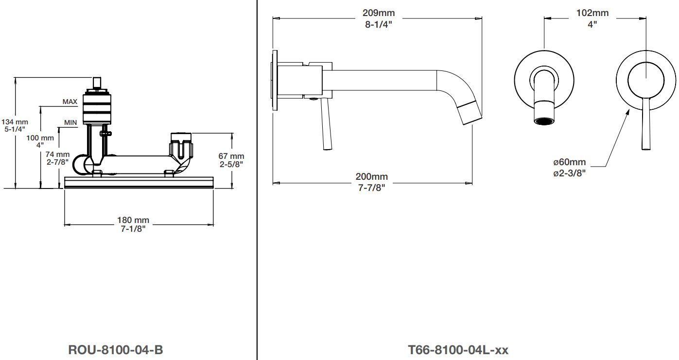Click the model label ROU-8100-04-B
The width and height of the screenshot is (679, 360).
coord(116,350)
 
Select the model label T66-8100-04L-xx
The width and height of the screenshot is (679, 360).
coord(458,350)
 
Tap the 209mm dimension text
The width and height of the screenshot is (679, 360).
coord(379,13)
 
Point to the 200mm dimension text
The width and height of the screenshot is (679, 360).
coord(372,176)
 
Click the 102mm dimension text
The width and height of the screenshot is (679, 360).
coord(592,13)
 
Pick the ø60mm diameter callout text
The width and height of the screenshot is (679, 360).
coord(570,162)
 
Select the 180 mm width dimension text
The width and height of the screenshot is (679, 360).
coord(133,220)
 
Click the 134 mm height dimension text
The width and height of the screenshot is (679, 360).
coord(15,122)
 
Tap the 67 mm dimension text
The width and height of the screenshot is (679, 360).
coord(231,156)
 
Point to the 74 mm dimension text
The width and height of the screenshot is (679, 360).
coord(57,154)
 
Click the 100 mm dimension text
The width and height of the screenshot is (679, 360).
coord(40,138)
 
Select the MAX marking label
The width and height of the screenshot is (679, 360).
coord(70,102)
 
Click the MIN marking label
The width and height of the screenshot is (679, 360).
coord(70,122)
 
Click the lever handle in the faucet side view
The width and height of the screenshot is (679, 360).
coord(327,124)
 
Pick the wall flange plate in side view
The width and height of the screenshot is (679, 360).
coord(275,80)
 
